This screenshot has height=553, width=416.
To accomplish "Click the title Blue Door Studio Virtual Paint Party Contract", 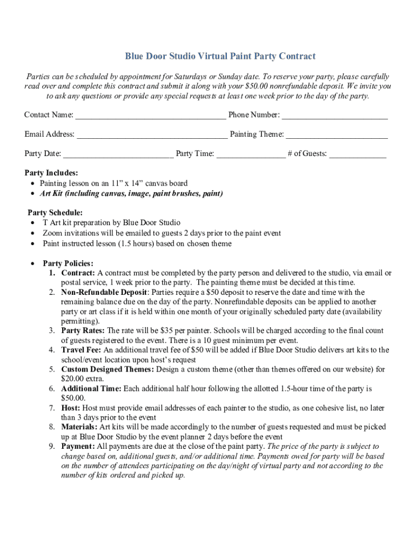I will point(220,56).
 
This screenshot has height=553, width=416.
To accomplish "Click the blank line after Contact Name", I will point(150,116).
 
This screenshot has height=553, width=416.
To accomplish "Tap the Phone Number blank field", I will point(334,116).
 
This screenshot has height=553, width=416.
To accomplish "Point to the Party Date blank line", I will point(118,154).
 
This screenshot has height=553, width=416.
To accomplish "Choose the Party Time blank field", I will point(251,154).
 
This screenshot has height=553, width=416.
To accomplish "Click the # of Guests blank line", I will point(358,154).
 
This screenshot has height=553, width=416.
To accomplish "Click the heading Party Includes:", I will point(51,173).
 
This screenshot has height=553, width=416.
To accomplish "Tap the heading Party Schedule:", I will point(55,213).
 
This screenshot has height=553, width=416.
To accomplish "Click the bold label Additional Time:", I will point(91,389).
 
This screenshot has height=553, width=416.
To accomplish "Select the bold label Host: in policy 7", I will point(71,408).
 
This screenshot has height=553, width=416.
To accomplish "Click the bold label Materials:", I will point(79,427).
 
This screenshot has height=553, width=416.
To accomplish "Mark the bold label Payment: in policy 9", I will point(78,447).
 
